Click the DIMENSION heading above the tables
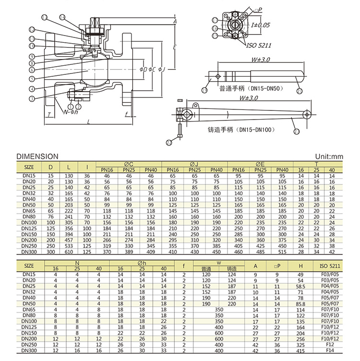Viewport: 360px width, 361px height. (37, 156)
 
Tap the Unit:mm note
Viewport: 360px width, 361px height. (329, 156)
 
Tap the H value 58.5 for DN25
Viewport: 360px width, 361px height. (301, 286)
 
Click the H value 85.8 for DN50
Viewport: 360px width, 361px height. (301, 304)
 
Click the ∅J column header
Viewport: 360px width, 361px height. (195, 164)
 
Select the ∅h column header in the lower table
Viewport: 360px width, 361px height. (142, 263)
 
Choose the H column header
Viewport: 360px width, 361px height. (301, 265)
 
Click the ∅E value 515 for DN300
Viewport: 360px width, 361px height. (283, 252)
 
